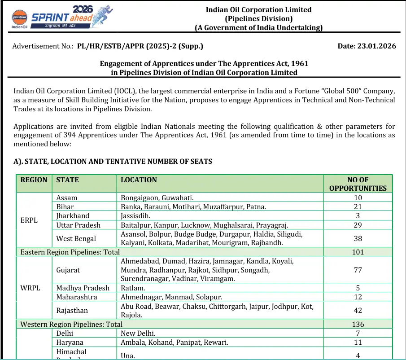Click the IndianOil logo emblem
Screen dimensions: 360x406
click(x=19, y=17)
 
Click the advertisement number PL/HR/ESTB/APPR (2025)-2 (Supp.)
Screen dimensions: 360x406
click(x=140, y=46)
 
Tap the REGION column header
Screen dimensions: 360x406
click(x=34, y=180)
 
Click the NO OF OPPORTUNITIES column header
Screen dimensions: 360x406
click(x=358, y=184)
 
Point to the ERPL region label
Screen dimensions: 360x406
click(x=29, y=220)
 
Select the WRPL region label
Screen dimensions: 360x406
click(x=30, y=288)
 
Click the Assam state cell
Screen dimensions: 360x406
click(x=67, y=198)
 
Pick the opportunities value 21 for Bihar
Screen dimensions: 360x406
click(x=358, y=206)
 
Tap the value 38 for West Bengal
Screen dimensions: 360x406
click(x=358, y=238)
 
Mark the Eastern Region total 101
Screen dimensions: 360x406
click(x=358, y=252)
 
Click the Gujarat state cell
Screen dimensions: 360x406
click(x=68, y=270)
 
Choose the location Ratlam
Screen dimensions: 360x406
click(x=133, y=288)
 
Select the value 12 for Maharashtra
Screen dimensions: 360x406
click(x=358, y=297)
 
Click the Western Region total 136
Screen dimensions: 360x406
click(x=358, y=324)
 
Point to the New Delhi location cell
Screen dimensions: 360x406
click(x=138, y=333)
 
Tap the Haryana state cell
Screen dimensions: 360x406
click(x=70, y=342)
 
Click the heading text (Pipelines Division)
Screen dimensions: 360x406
click(x=258, y=18)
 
